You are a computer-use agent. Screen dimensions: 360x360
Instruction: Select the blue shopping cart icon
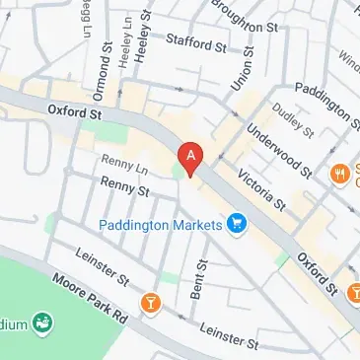236,224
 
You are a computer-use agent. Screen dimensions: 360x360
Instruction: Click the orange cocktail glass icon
151,302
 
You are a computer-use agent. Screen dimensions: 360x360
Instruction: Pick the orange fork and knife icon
341,171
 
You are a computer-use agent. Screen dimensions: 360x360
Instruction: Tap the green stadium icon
41,322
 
